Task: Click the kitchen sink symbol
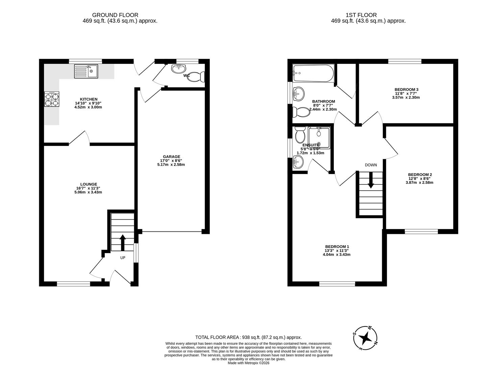(86, 71)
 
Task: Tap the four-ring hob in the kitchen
(52, 99)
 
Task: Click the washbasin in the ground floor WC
(178, 69)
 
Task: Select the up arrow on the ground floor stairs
(122, 242)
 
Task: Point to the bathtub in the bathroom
(313, 73)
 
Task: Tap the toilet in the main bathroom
(301, 111)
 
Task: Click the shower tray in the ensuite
(319, 138)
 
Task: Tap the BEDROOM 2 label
(420, 175)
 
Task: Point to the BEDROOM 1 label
(337, 247)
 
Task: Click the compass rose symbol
(365, 337)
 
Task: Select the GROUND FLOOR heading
(115, 15)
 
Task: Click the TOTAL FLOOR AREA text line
(248, 337)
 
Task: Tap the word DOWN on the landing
(371, 165)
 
